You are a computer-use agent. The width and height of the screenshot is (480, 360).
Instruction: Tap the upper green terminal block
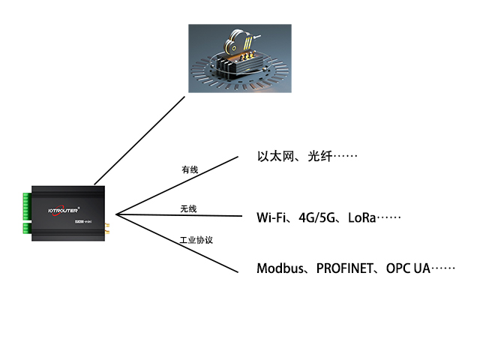(26, 202)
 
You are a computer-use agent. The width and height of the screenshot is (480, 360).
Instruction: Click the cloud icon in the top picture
(241, 37)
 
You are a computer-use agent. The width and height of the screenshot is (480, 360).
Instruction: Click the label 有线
(190, 170)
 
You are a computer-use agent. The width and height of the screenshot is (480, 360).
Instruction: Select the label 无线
(188, 208)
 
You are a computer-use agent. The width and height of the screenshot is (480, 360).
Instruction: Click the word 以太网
(274, 157)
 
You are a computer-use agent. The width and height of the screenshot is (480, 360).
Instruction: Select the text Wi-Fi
(271, 218)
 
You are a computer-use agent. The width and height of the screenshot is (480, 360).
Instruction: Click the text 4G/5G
(315, 218)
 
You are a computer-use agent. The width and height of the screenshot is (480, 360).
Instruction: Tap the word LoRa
(361, 218)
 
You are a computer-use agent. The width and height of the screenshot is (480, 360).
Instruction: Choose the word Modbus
(280, 268)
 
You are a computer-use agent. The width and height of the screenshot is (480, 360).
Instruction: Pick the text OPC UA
(408, 268)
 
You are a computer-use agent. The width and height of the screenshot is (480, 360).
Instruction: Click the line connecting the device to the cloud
(139, 139)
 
